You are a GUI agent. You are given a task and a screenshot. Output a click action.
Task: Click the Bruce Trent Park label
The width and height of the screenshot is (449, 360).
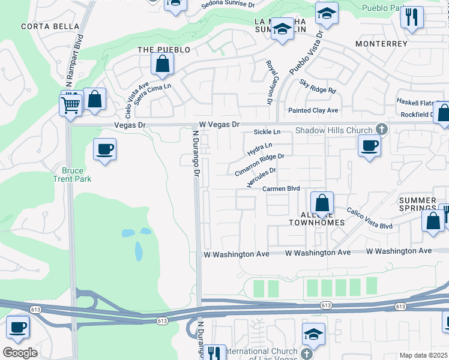click(x=72, y=175)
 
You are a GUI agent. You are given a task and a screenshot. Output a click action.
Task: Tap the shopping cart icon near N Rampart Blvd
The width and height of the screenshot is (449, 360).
click(x=71, y=105)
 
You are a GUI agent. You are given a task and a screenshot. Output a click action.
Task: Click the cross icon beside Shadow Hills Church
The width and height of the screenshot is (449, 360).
click(x=381, y=129)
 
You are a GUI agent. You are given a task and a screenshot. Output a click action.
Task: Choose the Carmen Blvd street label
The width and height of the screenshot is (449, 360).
click(x=281, y=188)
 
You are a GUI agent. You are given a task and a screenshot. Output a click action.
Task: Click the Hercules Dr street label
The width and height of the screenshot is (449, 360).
click(x=262, y=178)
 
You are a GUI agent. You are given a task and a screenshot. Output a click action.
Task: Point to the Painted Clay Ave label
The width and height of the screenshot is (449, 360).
click(x=313, y=110)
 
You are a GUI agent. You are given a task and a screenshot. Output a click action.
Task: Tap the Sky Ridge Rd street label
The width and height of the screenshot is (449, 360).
click(x=318, y=87)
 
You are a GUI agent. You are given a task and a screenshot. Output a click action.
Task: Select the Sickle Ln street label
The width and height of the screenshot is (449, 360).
click(x=267, y=131)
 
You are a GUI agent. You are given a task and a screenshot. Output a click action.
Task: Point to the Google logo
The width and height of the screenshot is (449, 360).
click(x=20, y=353)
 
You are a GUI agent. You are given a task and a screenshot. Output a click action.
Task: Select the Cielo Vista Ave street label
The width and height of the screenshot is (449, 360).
click(x=137, y=100)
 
